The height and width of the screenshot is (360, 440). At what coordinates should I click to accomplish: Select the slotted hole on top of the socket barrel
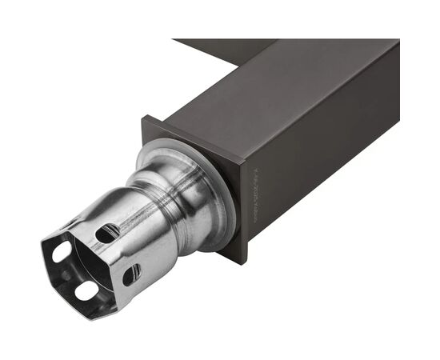(x=107, y=233)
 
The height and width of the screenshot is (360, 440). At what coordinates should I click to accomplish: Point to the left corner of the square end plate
(x=143, y=119)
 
